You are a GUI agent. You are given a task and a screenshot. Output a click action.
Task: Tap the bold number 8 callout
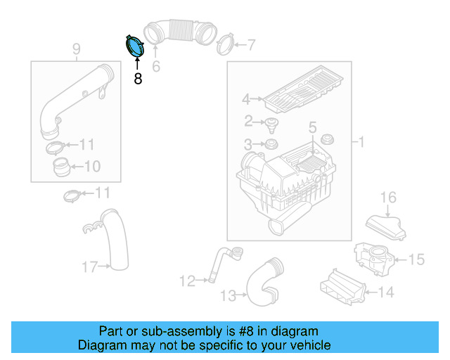[x=138, y=79]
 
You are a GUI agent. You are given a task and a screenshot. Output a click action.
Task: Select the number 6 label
[x=156, y=67]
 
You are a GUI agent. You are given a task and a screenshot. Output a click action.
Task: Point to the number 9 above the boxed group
[x=76, y=49]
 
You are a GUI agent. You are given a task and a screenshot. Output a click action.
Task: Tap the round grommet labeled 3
[x=268, y=145]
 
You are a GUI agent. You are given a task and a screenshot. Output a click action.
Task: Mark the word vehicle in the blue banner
[x=309, y=345]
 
